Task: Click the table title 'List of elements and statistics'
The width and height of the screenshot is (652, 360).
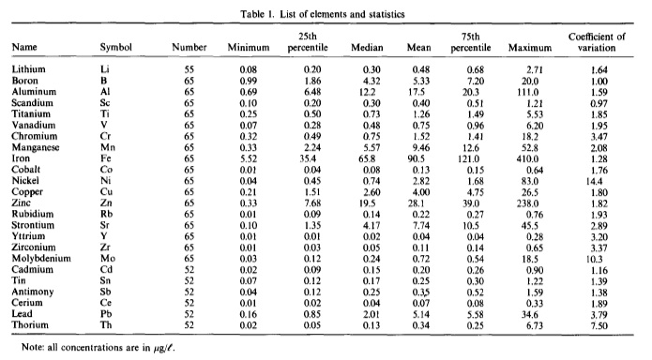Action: [x=341, y=15]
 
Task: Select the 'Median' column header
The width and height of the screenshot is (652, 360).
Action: [x=367, y=48]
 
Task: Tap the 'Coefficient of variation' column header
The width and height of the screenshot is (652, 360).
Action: [x=597, y=42]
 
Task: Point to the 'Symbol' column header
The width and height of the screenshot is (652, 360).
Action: [x=115, y=48]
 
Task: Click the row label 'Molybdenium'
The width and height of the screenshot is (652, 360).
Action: [x=41, y=259]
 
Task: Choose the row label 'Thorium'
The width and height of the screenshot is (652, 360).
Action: [x=30, y=325]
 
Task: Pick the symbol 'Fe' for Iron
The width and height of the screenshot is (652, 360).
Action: [x=106, y=158]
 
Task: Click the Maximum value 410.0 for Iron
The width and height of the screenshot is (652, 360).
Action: [x=527, y=159]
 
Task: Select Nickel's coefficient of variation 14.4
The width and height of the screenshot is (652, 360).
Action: [x=594, y=181]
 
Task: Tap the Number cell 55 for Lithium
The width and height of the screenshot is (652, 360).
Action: [x=190, y=69]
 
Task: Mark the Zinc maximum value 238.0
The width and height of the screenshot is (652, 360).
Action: [x=527, y=203]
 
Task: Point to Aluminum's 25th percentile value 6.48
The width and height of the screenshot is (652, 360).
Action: [x=312, y=92]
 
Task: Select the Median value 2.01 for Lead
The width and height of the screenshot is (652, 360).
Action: [x=371, y=315]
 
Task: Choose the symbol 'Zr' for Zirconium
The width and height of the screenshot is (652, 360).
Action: [x=105, y=247]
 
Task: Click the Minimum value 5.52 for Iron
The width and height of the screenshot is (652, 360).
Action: [x=249, y=159]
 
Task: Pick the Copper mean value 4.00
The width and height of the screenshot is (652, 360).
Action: [x=421, y=192]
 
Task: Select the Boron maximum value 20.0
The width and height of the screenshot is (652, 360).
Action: [x=530, y=81]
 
